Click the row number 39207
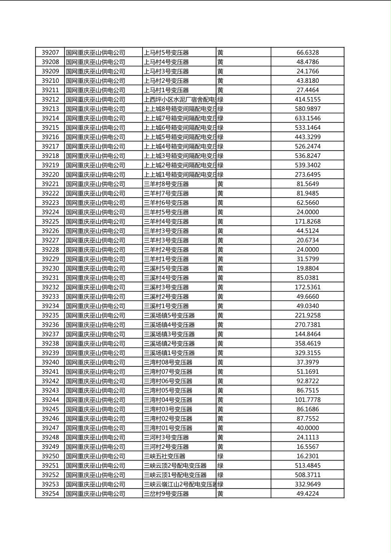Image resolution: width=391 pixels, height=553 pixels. coord(50,53)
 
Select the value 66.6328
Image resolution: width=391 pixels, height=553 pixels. coord(308,53)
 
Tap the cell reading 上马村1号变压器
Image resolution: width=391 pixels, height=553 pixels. coord(167,90)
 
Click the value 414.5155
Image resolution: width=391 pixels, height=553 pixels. coord(308,99)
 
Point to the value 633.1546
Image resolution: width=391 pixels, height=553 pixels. coord(308,118)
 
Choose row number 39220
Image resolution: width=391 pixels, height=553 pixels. coord(50,175)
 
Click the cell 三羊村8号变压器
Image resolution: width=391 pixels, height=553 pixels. coord(167,184)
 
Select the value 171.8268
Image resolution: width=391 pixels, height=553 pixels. coord(308,222)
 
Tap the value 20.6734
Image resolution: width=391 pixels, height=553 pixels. coord(308,240)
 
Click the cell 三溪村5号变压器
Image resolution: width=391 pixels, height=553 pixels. coord(167,269)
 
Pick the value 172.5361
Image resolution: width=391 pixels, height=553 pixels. coord(308,287)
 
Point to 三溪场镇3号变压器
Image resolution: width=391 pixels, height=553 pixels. coord(169,334)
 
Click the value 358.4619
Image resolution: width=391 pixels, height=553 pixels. coord(308,344)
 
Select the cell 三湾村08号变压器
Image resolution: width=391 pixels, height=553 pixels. coord(168,362)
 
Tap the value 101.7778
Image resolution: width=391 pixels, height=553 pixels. coord(308,400)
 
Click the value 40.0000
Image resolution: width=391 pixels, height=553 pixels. coord(308,428)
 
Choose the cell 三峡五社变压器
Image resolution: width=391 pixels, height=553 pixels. coord(165,456)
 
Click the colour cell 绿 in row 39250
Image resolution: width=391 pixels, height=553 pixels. coord(220,456)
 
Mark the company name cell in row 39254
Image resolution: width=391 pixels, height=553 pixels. coord(96,494)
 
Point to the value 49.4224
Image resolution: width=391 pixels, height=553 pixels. coord(308,494)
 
